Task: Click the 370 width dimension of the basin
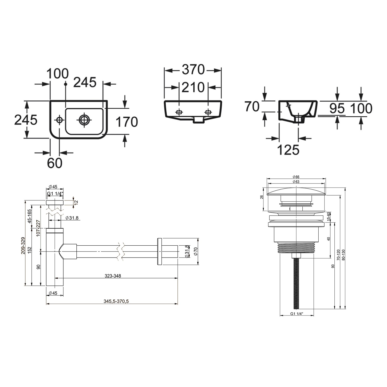(x=193, y=70)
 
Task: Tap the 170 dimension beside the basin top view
(x=126, y=122)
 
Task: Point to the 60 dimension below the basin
(x=55, y=163)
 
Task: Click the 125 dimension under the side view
(x=288, y=150)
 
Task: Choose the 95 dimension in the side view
(x=337, y=109)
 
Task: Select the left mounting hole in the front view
(x=179, y=112)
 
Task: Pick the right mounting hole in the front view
(x=208, y=112)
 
